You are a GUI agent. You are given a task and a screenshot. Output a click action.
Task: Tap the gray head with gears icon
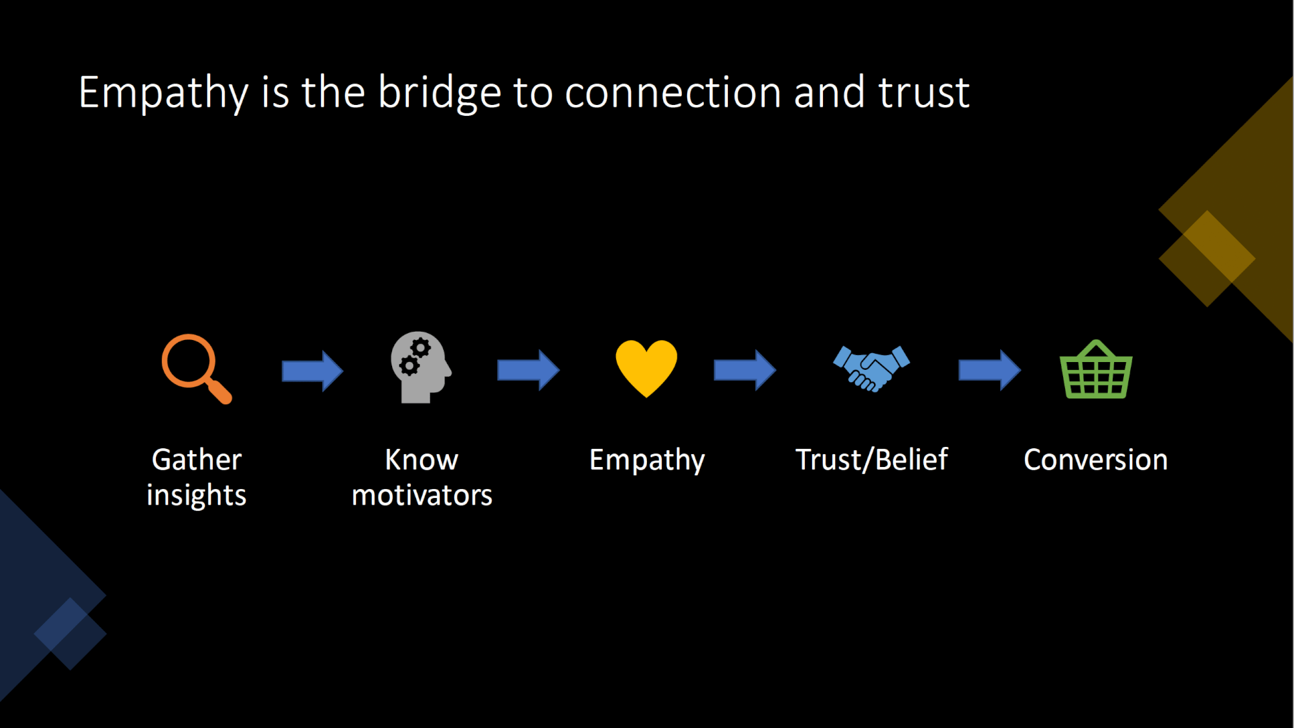(x=421, y=367)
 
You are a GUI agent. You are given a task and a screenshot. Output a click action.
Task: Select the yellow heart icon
(x=646, y=368)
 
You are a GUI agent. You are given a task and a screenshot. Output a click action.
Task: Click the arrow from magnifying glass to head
(x=313, y=371)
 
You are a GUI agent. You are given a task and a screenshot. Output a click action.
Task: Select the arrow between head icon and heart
(x=528, y=370)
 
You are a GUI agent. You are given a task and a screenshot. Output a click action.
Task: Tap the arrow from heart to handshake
(x=745, y=370)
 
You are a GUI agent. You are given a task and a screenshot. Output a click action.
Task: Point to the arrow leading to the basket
(x=989, y=370)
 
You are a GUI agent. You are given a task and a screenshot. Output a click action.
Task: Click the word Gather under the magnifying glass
(x=197, y=460)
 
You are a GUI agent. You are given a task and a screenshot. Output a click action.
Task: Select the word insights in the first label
(x=197, y=495)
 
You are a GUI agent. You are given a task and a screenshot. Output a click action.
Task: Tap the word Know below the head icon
(x=422, y=460)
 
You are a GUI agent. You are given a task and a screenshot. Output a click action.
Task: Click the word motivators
(x=422, y=495)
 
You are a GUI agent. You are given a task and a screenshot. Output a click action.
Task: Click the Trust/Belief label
(x=872, y=460)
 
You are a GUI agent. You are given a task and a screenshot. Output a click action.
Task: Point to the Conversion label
(x=1096, y=460)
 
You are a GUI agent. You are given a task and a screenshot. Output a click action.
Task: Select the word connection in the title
(x=673, y=93)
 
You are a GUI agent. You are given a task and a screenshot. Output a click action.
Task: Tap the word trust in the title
(x=924, y=93)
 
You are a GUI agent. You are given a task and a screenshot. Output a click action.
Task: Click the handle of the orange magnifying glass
(x=219, y=391)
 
